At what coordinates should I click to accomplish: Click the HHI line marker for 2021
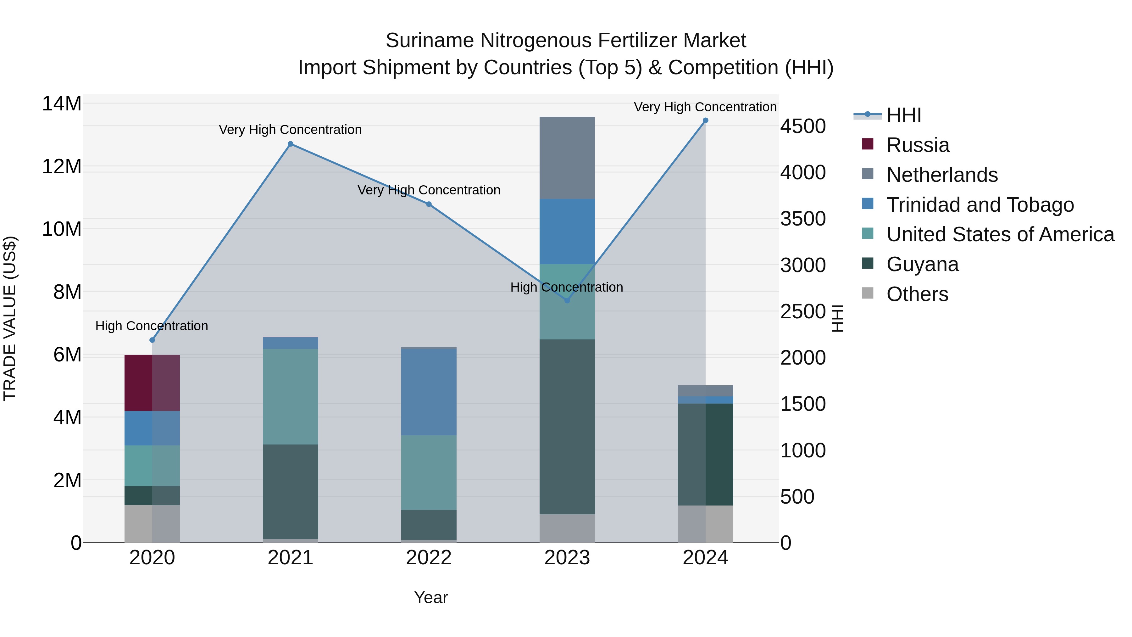(x=291, y=144)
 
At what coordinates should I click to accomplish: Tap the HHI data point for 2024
(x=705, y=120)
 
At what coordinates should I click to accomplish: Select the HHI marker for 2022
(x=429, y=204)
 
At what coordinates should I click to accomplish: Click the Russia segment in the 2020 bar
(x=152, y=383)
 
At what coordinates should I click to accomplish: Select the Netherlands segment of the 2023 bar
(x=567, y=158)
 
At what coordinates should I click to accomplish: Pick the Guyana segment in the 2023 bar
(x=567, y=427)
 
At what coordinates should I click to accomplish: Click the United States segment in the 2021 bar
(x=291, y=397)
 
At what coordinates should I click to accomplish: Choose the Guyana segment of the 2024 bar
(x=705, y=454)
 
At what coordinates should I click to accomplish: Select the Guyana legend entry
(x=922, y=264)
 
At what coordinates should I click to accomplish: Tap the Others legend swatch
(x=868, y=293)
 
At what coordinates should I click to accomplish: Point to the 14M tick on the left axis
(x=62, y=104)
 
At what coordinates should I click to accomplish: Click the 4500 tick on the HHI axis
(x=803, y=126)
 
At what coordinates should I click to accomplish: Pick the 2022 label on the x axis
(x=429, y=558)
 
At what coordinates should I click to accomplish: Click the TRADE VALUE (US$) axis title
(x=10, y=318)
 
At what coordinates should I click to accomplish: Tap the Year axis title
(x=431, y=597)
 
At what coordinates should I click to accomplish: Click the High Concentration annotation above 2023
(x=566, y=287)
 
